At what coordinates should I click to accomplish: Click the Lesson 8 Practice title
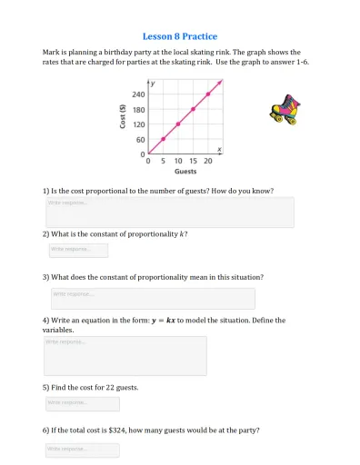click(x=180, y=36)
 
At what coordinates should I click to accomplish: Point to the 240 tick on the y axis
click(x=138, y=94)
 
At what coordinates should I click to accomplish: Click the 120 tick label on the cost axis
click(x=138, y=124)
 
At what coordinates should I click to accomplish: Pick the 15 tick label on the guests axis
click(x=193, y=161)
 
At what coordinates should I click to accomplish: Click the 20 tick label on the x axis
click(x=208, y=161)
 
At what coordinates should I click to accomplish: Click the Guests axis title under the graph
click(x=185, y=171)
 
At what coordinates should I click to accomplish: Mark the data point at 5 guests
click(x=164, y=139)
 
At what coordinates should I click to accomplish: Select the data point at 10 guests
click(x=178, y=124)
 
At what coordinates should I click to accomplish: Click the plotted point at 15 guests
click(x=193, y=109)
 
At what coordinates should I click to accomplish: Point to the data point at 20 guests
click(x=208, y=94)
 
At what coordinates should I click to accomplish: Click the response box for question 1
click(x=169, y=212)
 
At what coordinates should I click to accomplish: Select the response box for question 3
click(x=153, y=298)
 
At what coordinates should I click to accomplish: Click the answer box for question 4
click(x=125, y=355)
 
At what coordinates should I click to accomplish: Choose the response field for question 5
click(x=82, y=403)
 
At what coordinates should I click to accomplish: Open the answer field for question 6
click(x=82, y=450)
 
